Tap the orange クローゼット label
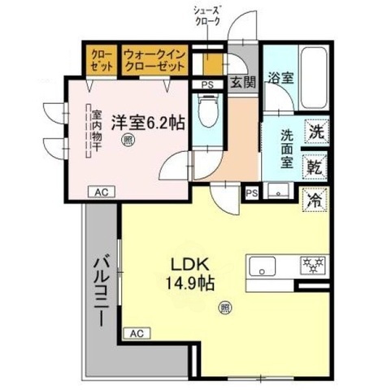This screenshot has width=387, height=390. [102, 61]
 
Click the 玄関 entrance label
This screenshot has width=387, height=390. [242, 82]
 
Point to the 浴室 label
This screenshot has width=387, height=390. [282, 78]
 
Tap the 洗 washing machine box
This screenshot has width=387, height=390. [315, 130]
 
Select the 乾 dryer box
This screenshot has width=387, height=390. [315, 167]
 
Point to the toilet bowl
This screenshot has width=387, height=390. [207, 110]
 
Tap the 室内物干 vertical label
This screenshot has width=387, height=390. [96, 132]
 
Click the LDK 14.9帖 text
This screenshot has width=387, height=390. [192, 274]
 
